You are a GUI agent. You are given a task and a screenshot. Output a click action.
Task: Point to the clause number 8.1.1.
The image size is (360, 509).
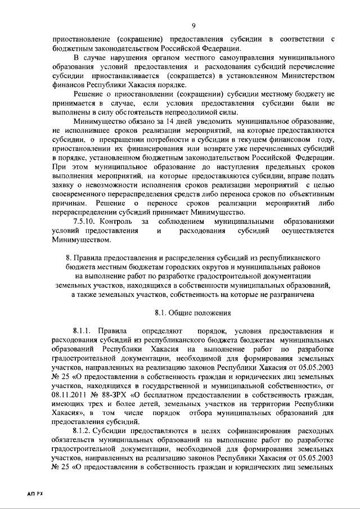click(x=83, y=331)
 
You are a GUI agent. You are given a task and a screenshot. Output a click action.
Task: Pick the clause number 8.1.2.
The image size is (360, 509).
click(x=83, y=430)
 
